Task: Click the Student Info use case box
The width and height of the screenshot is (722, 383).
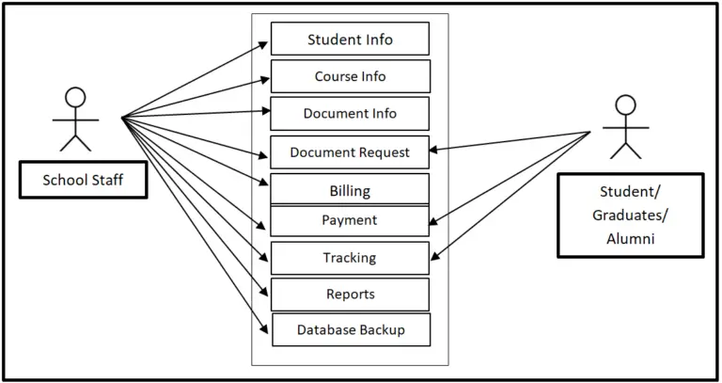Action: pos(350,40)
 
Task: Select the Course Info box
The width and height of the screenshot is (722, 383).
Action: pos(350,76)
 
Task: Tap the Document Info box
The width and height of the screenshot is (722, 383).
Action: pos(350,113)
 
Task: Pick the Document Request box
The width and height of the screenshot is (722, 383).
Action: pos(350,152)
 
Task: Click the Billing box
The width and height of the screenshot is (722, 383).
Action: pos(350,190)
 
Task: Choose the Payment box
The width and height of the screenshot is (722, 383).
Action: pos(350,220)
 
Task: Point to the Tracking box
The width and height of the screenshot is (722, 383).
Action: pos(350,257)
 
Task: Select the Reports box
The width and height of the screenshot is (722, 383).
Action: pos(350,294)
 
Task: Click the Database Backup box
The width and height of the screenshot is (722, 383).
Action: pos(351,329)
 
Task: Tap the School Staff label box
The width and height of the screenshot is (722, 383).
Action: pos(83,180)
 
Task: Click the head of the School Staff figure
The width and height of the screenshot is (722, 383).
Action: pos(75,97)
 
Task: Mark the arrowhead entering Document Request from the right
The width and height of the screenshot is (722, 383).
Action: pos(435,149)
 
